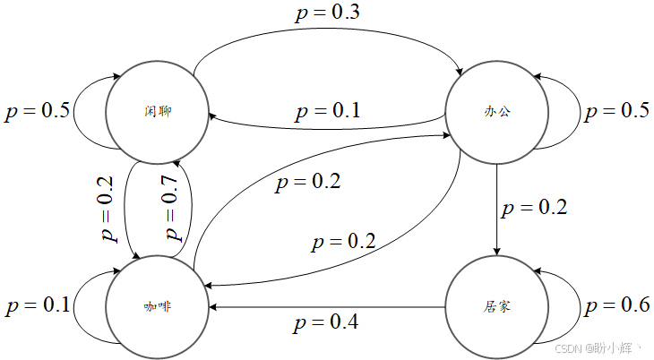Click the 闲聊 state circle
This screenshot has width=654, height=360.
tap(157, 112)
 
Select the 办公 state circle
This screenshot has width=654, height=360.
tap(496, 112)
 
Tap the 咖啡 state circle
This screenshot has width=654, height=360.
tap(157, 306)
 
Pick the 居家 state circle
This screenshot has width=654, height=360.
tap(496, 306)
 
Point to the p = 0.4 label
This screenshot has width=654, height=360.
tap(326, 321)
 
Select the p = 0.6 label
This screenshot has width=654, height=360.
tap(617, 306)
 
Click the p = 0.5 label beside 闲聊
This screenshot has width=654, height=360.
tap(38, 112)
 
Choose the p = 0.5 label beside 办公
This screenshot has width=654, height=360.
tap(617, 112)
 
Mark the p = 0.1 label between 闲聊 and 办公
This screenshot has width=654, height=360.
tap(327, 111)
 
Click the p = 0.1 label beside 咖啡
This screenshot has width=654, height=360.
tap(38, 306)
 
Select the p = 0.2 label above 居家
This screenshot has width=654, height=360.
tap(534, 209)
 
